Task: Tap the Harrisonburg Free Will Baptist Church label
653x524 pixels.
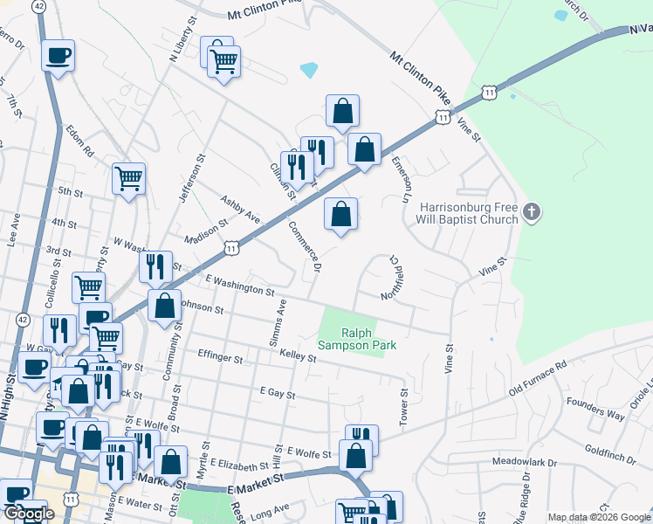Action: tap(469, 213)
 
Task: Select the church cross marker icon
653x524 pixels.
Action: tap(532, 211)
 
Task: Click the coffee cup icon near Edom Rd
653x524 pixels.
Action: tap(58, 56)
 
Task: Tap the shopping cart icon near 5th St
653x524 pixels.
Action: tap(128, 179)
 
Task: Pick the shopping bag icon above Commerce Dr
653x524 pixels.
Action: tap(341, 213)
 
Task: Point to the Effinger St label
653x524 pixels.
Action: tap(220, 357)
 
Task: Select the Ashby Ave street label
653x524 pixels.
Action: tap(241, 209)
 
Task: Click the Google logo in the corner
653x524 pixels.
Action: tap(28, 514)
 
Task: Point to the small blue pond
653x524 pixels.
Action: tap(309, 69)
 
